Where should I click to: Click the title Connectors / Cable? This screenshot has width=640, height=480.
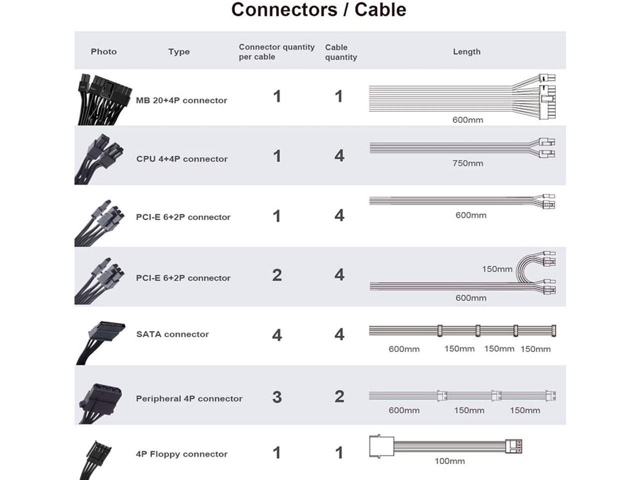coord(318,10)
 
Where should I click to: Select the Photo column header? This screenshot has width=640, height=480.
coord(103,51)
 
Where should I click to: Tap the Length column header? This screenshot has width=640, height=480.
coord(466,51)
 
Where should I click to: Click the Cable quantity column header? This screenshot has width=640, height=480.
coord(340,52)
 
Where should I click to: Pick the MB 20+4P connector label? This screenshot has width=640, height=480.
coord(181,100)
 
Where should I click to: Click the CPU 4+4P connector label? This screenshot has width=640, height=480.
coord(181,159)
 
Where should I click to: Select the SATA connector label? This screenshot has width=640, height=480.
coord(172,334)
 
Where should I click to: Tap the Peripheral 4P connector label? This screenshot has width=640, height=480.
coord(189,398)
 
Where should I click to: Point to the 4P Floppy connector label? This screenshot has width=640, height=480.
coord(181,454)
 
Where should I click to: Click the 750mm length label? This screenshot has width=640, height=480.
coord(467,163)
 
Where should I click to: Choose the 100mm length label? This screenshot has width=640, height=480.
coord(449,461)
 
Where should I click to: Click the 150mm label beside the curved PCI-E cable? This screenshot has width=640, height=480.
coord(497,269)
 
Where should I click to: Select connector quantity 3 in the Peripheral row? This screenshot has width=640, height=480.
coord(277,397)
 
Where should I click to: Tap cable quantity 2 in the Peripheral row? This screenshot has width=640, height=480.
coord(339,396)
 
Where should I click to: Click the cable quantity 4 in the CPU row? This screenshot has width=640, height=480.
coord(339,155)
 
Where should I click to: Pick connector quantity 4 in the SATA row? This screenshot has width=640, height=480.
coord(277,334)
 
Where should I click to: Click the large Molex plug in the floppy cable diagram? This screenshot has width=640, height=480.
coord(381,446)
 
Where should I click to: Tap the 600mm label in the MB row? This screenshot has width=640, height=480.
coord(467,120)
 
